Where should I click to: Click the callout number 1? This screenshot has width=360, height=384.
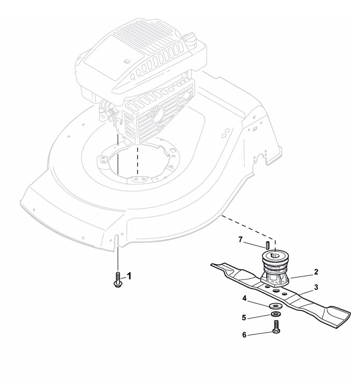[129, 276]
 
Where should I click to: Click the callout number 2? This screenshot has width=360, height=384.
[316, 272]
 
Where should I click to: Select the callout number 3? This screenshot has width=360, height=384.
[316, 287]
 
